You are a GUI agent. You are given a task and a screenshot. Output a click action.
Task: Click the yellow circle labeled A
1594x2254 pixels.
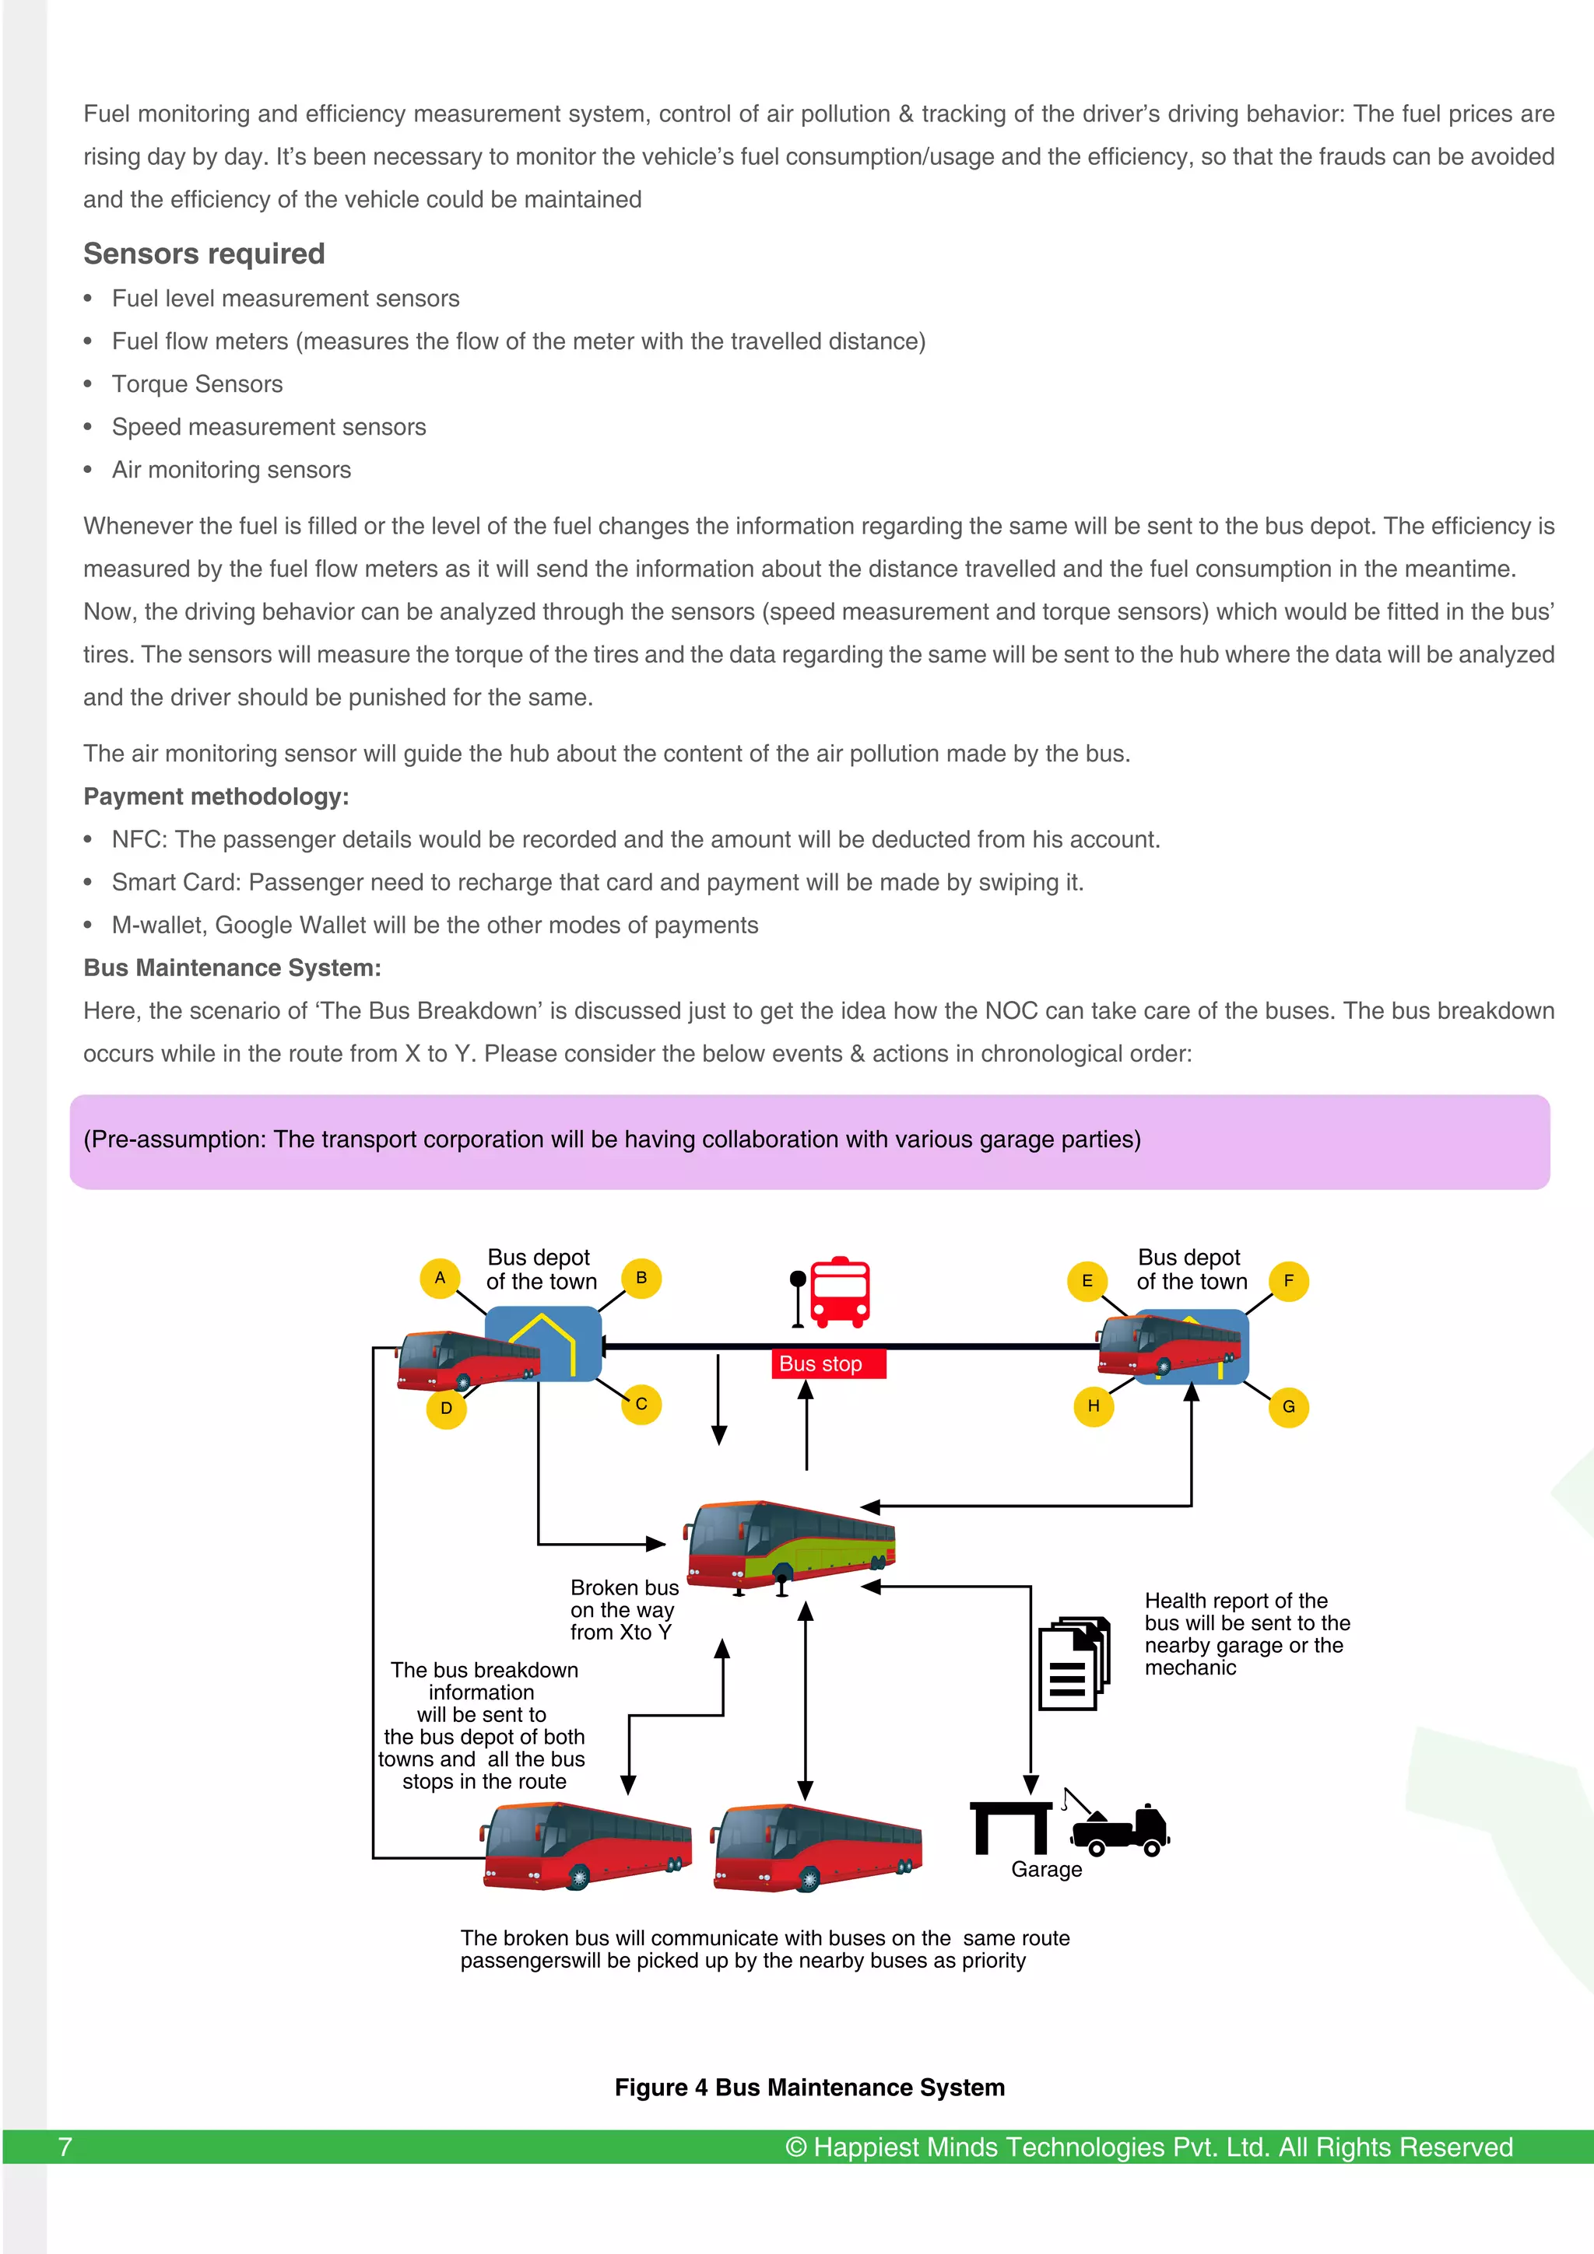click(440, 1277)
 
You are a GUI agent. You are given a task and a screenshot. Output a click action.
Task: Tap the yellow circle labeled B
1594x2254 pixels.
click(641, 1277)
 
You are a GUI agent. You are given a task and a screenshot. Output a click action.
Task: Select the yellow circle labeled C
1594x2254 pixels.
click(641, 1404)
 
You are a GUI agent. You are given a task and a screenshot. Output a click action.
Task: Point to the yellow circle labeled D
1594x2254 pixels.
click(446, 1408)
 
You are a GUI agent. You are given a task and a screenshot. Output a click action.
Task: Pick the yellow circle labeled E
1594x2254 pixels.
click(1087, 1280)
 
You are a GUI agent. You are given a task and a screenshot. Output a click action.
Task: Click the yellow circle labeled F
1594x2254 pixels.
click(1289, 1280)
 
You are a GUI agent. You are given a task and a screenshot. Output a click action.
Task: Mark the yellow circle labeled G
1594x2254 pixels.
click(1289, 1407)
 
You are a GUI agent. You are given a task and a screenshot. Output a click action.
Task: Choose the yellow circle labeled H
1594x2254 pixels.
click(1093, 1405)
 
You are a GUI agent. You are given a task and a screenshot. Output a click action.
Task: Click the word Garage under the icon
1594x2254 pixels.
click(1046, 1869)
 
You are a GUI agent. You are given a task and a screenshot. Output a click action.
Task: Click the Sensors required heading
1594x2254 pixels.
click(204, 254)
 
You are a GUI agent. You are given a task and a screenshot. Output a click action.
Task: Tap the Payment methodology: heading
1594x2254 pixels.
click(216, 796)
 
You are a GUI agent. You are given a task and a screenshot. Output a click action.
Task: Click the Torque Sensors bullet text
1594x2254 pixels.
click(198, 384)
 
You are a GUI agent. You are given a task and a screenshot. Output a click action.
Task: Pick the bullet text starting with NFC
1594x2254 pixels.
click(635, 839)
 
